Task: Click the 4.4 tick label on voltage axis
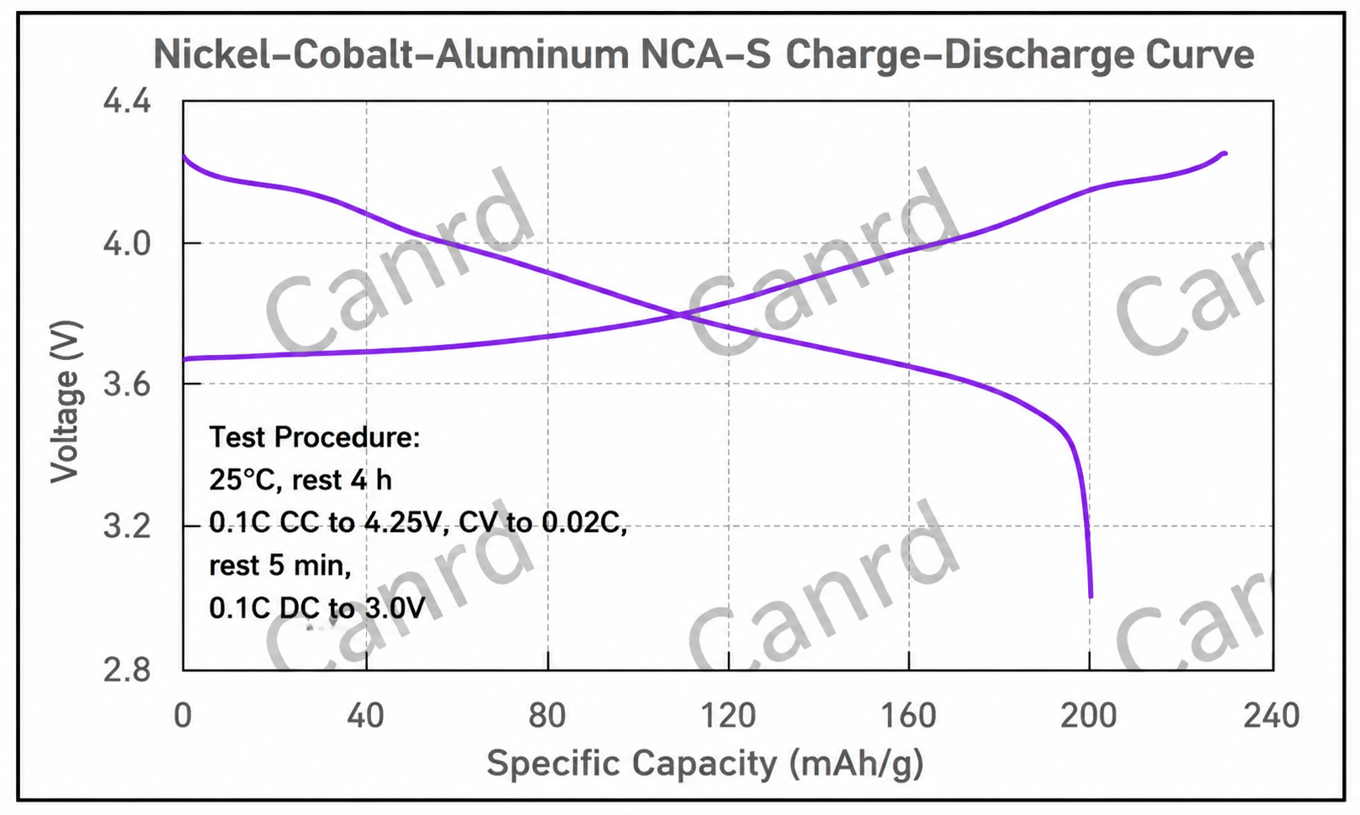point(126,101)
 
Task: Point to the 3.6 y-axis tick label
point(126,384)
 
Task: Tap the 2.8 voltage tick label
point(126,671)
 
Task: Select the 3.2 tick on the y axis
point(126,526)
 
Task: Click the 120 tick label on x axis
point(728,715)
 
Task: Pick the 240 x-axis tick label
point(1271,715)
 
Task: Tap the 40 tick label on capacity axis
point(365,715)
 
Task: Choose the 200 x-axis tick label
point(1089,715)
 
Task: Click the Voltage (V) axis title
point(65,402)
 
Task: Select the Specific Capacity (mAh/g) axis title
point(705,764)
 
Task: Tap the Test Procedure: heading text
point(315,437)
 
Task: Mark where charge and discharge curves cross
point(679,315)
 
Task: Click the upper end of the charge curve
point(1225,154)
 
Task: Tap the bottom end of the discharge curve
point(1091,597)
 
